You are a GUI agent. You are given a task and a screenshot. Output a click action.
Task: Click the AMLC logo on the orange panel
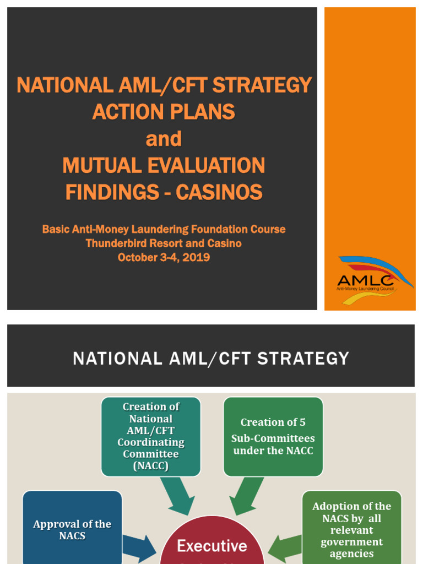point(375,280)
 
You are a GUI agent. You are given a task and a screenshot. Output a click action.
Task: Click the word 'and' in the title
point(164,139)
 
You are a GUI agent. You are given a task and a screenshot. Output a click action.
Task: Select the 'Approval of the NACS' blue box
point(72,529)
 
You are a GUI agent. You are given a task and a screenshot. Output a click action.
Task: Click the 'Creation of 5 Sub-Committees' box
point(273,436)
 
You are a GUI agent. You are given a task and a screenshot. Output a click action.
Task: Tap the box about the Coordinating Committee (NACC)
point(150,436)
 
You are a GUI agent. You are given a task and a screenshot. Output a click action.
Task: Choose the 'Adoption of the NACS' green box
point(351,529)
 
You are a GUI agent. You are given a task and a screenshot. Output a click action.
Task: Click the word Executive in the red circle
point(212,546)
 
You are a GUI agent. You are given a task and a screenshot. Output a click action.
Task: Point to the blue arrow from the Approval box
point(138,547)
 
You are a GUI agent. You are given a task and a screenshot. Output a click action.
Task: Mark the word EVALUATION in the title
point(204,166)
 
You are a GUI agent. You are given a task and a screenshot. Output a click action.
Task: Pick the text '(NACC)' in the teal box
point(150,466)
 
